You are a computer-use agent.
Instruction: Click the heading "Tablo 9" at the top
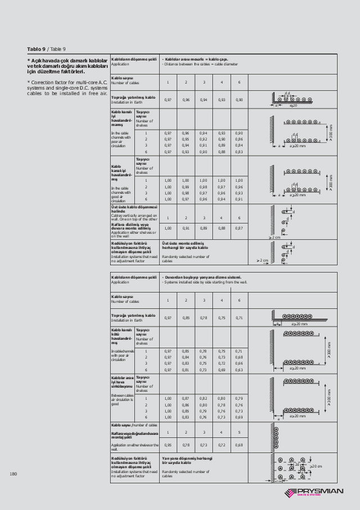pos(37,48)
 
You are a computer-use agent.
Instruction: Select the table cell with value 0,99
pos(186,187)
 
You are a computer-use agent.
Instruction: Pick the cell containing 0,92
pos(204,139)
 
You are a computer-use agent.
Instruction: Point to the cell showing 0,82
pos(204,398)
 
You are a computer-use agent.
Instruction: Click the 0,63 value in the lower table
pos(239,370)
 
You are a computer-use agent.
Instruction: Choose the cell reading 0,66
pos(239,364)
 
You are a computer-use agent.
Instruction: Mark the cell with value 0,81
pos(186,370)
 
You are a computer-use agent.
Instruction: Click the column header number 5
pos(239,432)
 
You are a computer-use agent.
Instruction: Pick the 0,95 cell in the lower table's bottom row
pos(168,445)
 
